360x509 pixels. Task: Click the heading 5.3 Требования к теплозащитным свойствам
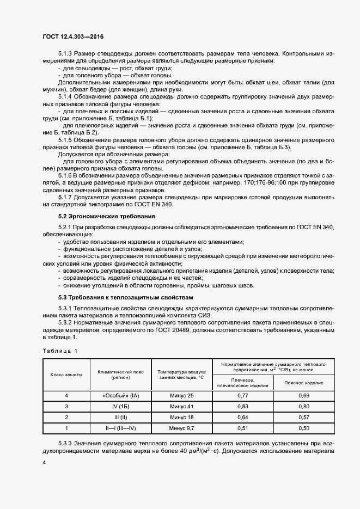point(118,297)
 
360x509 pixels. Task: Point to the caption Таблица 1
point(60,350)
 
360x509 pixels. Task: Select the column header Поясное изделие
point(304,383)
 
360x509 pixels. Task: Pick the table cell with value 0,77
point(242,395)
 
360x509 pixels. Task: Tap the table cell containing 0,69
point(304,395)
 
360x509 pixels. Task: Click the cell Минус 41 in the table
point(182,406)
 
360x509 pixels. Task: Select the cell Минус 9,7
point(182,428)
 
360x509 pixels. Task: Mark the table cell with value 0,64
point(242,418)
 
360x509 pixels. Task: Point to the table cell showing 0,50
point(304,428)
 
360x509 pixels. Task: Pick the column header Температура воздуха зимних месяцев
point(182,374)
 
